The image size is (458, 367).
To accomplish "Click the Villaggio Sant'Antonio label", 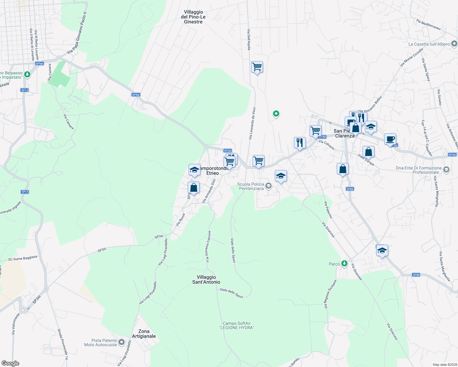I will point(206,280).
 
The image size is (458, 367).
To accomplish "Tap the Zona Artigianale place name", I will point(144,334).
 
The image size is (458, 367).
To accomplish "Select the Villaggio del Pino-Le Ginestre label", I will point(193,17).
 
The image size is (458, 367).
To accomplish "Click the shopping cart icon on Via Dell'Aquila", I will point(257,67).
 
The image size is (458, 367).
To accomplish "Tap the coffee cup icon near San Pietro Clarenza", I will point(390,139).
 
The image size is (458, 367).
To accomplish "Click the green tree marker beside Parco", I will point(344,263).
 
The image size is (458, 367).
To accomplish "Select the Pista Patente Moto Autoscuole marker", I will point(122,342).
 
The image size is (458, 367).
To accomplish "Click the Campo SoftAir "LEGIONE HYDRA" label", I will point(237,325).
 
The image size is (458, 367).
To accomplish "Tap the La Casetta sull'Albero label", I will point(429,44).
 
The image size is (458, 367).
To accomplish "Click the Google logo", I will point(10,363).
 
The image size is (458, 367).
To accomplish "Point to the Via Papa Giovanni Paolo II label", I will point(77,33).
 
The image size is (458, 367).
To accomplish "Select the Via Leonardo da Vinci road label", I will point(252,123).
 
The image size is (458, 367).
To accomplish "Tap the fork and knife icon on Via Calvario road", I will point(300,143).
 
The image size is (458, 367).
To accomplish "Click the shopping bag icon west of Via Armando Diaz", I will point(193,187).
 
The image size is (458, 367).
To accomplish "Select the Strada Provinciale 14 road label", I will point(62,346).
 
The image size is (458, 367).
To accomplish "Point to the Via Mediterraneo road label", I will point(428,24).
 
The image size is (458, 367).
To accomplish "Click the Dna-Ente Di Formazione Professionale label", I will point(419,170).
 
